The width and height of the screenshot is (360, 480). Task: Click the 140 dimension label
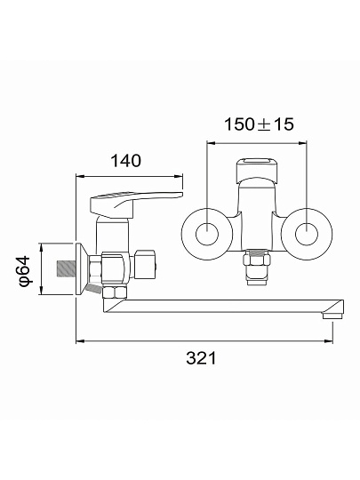[x=126, y=161]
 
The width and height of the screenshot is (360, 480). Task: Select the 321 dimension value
[x=201, y=358]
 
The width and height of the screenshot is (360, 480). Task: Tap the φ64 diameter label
[x=25, y=271]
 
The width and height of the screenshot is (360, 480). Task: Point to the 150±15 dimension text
[x=259, y=124]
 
